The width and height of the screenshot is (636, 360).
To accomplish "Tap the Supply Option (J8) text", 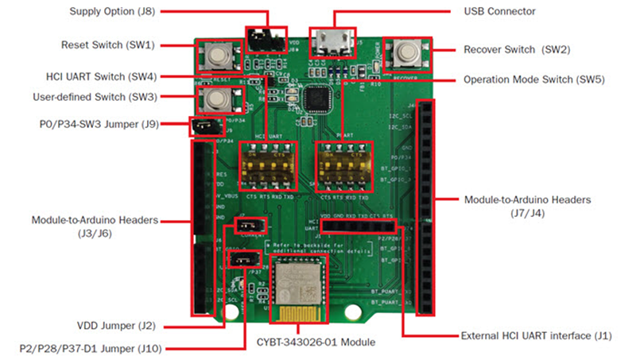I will (x=121, y=12).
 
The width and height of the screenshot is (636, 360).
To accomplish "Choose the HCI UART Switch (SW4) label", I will (x=111, y=77).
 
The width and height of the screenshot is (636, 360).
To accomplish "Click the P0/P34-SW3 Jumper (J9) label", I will (x=99, y=124).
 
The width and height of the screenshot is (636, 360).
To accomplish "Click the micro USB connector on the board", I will (x=333, y=42).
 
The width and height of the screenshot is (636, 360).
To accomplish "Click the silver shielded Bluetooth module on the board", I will (x=297, y=289).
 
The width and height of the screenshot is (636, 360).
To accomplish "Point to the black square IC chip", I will (x=324, y=95).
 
